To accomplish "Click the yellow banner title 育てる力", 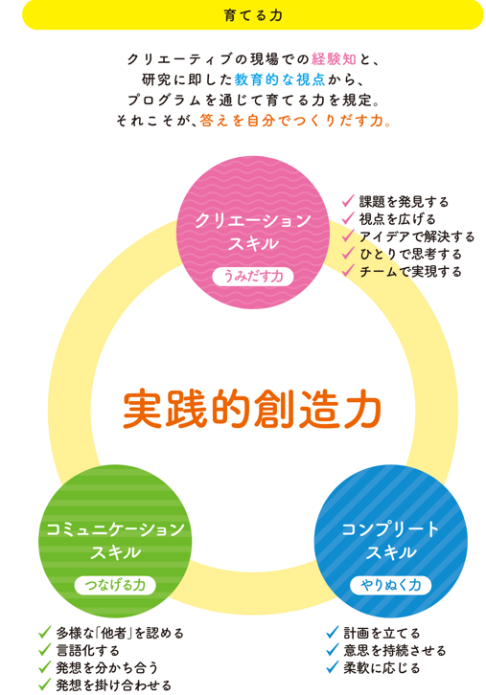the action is (x=253, y=15).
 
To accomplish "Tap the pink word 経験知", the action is (x=334, y=59).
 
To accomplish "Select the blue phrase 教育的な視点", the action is (x=280, y=79).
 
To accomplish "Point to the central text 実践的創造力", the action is (x=252, y=410).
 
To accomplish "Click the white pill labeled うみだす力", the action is (x=253, y=277).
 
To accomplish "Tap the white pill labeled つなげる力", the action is (x=115, y=585).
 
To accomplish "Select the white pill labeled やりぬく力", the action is (x=390, y=585).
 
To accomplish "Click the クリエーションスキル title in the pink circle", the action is (x=253, y=232).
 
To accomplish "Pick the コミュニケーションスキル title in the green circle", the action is (x=115, y=541).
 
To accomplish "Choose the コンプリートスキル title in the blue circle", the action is (x=390, y=541).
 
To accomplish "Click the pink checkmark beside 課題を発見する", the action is (x=348, y=201).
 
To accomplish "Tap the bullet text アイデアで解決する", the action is (x=417, y=236).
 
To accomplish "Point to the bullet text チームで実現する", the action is (x=410, y=271).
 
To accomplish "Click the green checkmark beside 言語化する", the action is (x=45, y=650).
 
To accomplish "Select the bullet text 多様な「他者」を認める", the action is (x=120, y=633).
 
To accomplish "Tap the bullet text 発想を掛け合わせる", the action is (x=114, y=685).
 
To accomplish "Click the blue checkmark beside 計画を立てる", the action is (x=333, y=633).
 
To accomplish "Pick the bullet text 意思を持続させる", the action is (x=395, y=650).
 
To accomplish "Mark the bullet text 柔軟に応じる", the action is (x=382, y=667).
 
